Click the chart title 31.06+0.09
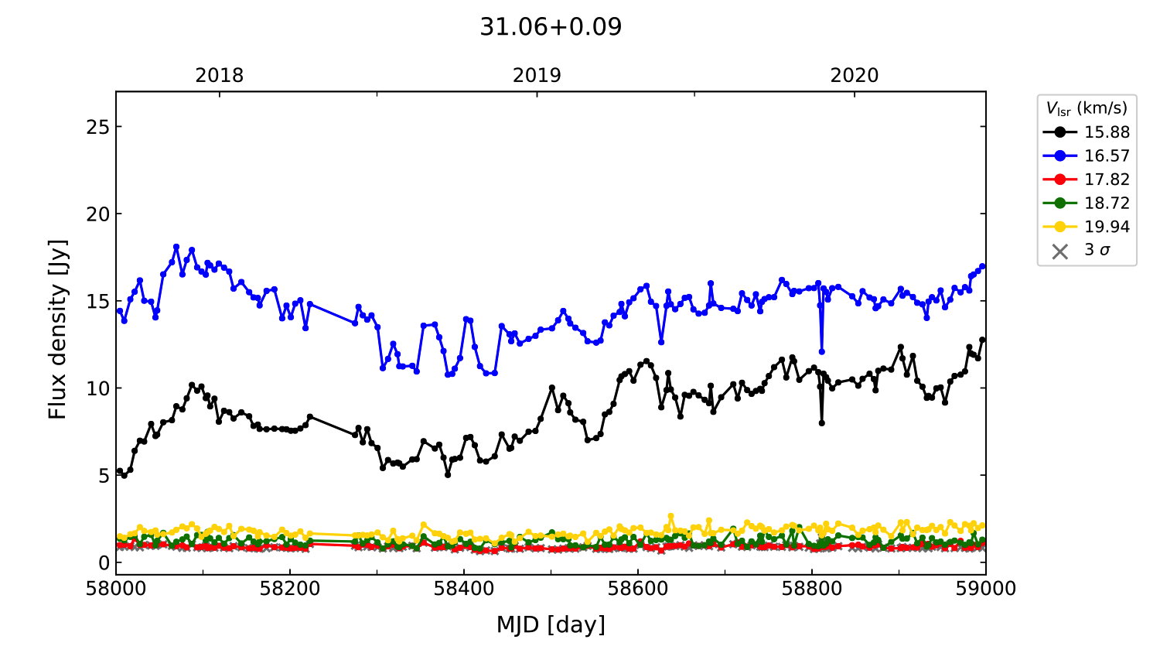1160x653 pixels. click(551, 27)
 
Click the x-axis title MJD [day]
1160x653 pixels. click(551, 624)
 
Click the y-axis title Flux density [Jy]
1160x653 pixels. click(58, 330)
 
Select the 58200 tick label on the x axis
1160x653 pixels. click(290, 589)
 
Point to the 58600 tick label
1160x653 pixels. click(638, 589)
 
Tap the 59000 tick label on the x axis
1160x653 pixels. click(985, 589)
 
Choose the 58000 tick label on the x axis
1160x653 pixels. click(116, 589)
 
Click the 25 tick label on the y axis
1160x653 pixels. click(98, 127)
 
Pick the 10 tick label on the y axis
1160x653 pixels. click(98, 388)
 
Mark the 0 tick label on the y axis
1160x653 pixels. click(104, 562)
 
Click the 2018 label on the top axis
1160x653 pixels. click(219, 76)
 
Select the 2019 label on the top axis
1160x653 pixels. click(537, 76)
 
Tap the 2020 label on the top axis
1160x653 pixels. click(855, 76)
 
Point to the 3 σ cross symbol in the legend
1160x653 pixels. click(1060, 251)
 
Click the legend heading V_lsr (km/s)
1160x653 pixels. click(1087, 108)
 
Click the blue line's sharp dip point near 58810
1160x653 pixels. click(821, 352)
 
